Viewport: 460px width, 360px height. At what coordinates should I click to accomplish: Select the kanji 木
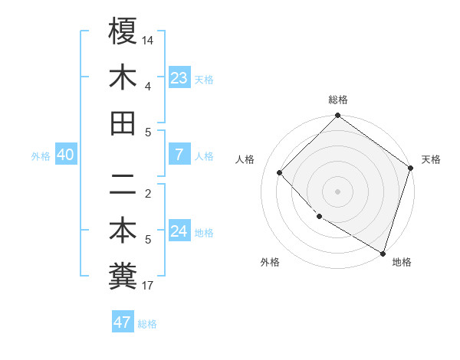123,77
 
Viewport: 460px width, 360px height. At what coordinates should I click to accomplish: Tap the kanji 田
123,123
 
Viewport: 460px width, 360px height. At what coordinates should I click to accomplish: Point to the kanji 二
123,184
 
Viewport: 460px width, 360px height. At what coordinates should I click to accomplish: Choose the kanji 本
123,230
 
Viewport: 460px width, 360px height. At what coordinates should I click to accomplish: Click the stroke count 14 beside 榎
148,40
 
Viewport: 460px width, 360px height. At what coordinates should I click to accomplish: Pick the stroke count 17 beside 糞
148,286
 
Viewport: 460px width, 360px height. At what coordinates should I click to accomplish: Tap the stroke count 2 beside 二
148,194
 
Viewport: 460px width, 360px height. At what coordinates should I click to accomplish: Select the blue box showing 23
179,77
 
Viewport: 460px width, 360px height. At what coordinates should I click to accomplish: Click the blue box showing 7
179,155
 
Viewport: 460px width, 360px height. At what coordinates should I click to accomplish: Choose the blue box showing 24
179,231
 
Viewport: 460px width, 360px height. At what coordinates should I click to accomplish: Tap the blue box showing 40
65,155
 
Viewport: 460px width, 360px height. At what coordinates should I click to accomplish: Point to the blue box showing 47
122,322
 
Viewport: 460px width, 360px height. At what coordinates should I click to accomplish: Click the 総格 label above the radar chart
338,100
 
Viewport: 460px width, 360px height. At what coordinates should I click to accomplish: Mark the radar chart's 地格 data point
382,252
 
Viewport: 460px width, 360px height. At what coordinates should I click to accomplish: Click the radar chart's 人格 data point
280,173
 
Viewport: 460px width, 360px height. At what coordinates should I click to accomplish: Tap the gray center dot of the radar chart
338,191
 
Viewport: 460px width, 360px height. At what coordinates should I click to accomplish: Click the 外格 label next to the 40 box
41,156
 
